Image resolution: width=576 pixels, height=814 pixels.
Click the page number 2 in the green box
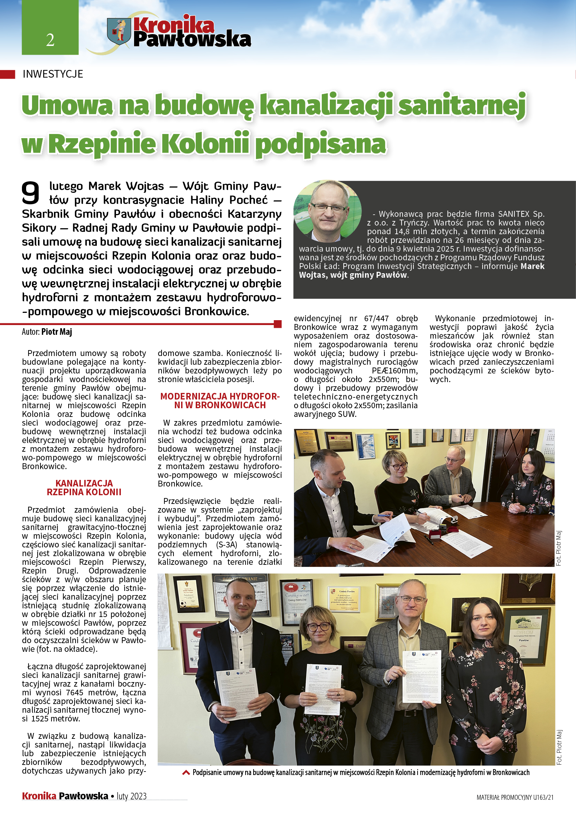pos(50,40)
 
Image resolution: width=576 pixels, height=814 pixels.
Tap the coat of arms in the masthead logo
pos(119,31)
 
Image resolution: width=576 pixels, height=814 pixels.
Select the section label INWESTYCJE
pos(53,74)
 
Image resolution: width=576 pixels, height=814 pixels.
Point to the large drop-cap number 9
pos(31,193)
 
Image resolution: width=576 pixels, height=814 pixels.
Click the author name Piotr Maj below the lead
pos(57,332)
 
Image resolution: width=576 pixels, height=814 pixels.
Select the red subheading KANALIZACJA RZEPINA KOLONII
pos(84,488)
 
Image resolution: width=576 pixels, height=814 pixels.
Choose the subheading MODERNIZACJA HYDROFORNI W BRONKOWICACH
pos(220,401)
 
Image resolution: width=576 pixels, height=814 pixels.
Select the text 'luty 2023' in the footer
pos(132,796)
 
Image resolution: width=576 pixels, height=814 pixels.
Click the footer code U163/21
pos(543,797)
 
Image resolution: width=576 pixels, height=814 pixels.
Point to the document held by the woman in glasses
pos(323,689)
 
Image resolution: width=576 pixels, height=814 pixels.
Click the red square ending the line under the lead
pos(278,324)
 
